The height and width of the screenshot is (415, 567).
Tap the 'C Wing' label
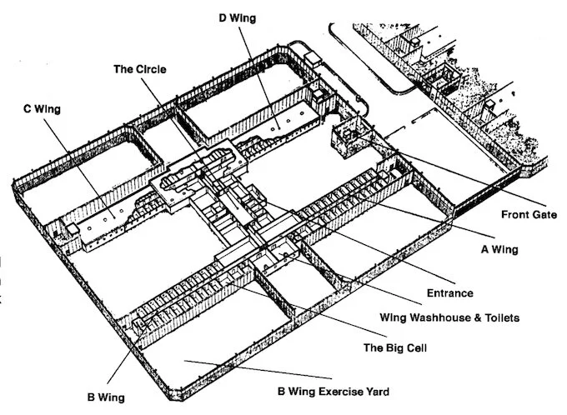click(x=43, y=108)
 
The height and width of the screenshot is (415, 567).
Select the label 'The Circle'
click(x=139, y=69)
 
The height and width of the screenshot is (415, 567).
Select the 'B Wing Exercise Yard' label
click(x=333, y=391)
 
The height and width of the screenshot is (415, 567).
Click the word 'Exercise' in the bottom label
click(x=334, y=391)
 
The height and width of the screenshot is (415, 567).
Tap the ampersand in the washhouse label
click(x=469, y=317)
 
